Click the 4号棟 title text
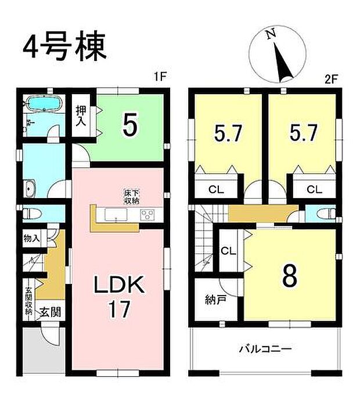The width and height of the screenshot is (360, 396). [x=65, y=48]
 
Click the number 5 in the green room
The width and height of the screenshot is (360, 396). [x=130, y=125]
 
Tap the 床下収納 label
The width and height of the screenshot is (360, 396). [x=131, y=197]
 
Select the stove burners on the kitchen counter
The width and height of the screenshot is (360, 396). [x=147, y=215]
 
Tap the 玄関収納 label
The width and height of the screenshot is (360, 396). [x=28, y=301]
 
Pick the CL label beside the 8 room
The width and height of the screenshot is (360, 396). [x=228, y=251]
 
